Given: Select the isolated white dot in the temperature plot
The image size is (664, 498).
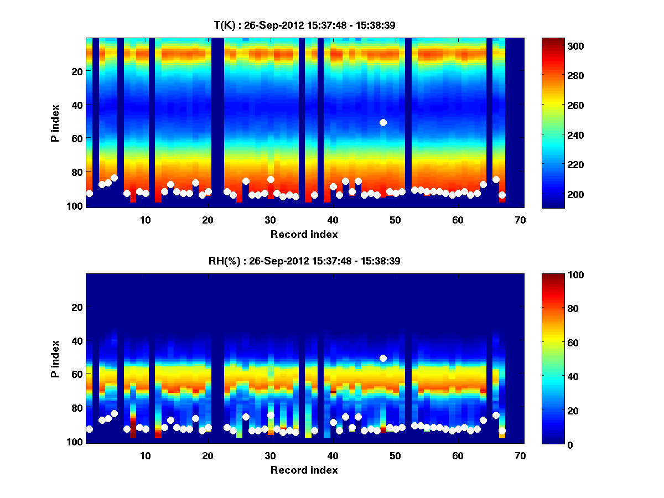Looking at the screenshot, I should (383, 122).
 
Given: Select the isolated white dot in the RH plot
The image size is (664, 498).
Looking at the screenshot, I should (383, 358).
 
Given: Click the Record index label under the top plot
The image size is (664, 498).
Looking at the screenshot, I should (304, 234).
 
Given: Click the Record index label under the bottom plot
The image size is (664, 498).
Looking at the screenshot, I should (304, 470).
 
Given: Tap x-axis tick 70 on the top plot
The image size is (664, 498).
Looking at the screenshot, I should (520, 220).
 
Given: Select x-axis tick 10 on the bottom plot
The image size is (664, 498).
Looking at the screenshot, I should (145, 455).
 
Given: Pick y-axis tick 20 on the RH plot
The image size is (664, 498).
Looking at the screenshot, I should (76, 307).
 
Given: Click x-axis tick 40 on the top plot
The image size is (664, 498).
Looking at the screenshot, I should (333, 220).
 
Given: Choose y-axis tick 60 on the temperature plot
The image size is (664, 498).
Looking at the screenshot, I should (76, 138).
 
